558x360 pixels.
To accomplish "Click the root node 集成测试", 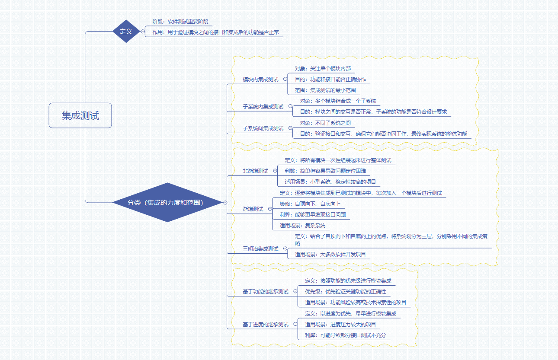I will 80,115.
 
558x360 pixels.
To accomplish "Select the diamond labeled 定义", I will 126,31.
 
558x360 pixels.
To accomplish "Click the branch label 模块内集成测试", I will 260,80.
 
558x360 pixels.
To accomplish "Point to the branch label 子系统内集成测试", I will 263,106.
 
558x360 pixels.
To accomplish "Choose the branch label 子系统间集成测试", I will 263,128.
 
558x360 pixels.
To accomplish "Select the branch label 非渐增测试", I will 255,171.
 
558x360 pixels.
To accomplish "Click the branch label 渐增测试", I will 253,209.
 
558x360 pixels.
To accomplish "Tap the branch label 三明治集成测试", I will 260,248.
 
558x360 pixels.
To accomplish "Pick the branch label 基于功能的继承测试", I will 266,292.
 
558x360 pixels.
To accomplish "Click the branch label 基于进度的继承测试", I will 266,324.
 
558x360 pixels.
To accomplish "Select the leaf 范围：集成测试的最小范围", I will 325,90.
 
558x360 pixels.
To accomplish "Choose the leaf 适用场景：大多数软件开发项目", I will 330,254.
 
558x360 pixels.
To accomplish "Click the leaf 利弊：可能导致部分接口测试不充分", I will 345,335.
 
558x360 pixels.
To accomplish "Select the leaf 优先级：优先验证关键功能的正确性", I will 345,292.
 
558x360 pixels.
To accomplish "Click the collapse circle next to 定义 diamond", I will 143,31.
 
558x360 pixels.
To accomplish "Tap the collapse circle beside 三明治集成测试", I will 285,248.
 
